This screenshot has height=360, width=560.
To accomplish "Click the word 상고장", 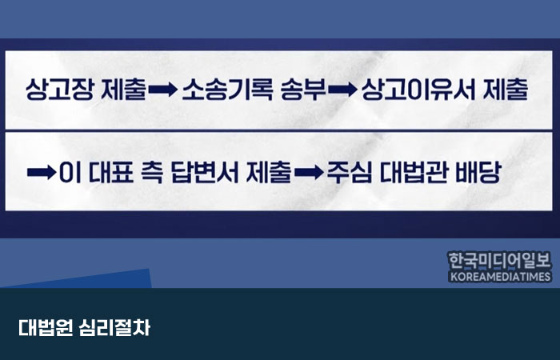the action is pyautogui.click(x=59, y=90).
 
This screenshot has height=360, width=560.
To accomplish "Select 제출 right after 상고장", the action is pyautogui.click(x=123, y=90).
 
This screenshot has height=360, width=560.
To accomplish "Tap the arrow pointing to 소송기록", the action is pyautogui.click(x=162, y=90).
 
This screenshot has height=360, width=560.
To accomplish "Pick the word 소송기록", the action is pyautogui.click(x=227, y=90).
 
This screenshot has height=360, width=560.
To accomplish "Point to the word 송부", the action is pyautogui.click(x=303, y=90).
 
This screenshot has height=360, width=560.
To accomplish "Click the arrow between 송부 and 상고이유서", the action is pyautogui.click(x=342, y=90).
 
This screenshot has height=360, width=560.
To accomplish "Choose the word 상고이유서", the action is pyautogui.click(x=418, y=90).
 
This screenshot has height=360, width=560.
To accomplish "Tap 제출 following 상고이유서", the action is pyautogui.click(x=506, y=90).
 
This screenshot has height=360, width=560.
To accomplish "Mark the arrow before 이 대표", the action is pyautogui.click(x=42, y=173).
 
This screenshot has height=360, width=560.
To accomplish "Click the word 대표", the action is pyautogui.click(x=110, y=173).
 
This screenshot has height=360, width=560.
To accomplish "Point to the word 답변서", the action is pyautogui.click(x=205, y=173).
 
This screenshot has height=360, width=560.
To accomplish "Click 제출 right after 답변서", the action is pyautogui.click(x=269, y=173).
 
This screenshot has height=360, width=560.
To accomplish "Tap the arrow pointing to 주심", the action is pyautogui.click(x=309, y=173).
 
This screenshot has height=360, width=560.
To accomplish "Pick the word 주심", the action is pyautogui.click(x=350, y=173).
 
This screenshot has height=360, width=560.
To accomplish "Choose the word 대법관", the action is pyautogui.click(x=414, y=173).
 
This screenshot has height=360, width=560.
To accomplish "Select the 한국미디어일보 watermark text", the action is pyautogui.click(x=500, y=260).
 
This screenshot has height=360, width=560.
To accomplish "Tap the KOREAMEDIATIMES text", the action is pyautogui.click(x=500, y=277).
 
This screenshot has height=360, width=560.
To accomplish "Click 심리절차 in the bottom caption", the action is pyautogui.click(x=114, y=327).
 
